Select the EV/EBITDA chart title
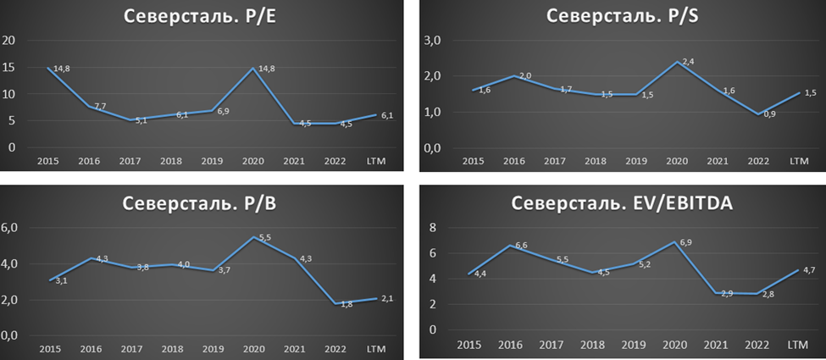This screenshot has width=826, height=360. click(622, 205)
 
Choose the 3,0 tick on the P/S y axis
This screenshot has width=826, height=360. click(434, 40)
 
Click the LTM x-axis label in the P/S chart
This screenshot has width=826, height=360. click(798, 161)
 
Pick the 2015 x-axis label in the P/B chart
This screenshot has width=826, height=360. click(49, 348)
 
